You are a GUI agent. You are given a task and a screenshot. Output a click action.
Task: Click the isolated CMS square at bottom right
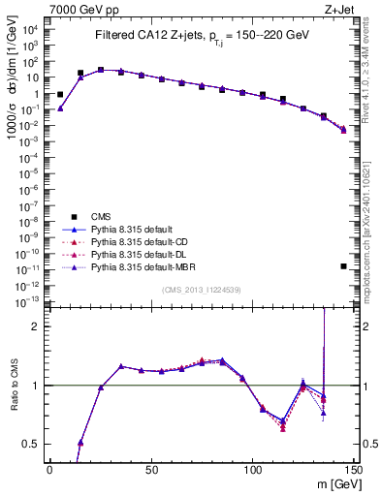[344, 265]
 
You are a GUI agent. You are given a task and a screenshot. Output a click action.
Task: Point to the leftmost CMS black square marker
[60, 95]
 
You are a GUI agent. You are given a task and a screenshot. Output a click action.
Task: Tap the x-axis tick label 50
[151, 469]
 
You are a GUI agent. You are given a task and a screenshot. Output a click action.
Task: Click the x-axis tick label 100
[252, 469]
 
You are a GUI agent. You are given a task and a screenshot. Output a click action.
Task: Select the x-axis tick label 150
[354, 469]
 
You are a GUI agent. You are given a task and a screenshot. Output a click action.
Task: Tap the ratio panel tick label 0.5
[33, 444]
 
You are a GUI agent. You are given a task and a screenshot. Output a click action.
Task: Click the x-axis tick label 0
[49, 469]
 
